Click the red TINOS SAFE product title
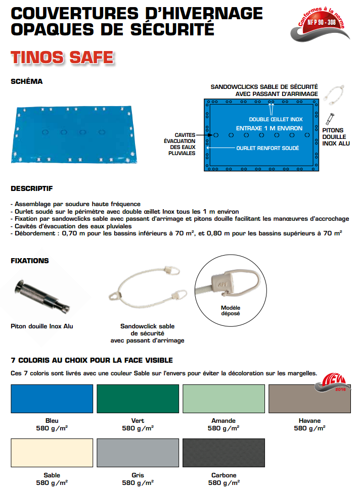click(x=62, y=56)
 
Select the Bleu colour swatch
click(x=52, y=399)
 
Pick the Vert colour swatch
click(x=138, y=399)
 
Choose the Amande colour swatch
click(x=223, y=399)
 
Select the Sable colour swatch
click(x=52, y=453)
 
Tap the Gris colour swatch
click(x=138, y=453)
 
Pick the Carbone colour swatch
click(x=223, y=453)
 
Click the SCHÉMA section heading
click(x=27, y=81)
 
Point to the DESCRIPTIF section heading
click(x=32, y=189)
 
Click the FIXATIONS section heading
click(x=30, y=261)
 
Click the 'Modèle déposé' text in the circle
click(x=231, y=311)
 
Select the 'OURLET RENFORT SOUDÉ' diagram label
click(x=267, y=148)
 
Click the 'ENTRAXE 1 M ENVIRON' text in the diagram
click(x=269, y=128)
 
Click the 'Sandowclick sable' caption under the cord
click(x=147, y=326)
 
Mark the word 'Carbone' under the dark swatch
click(x=223, y=475)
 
